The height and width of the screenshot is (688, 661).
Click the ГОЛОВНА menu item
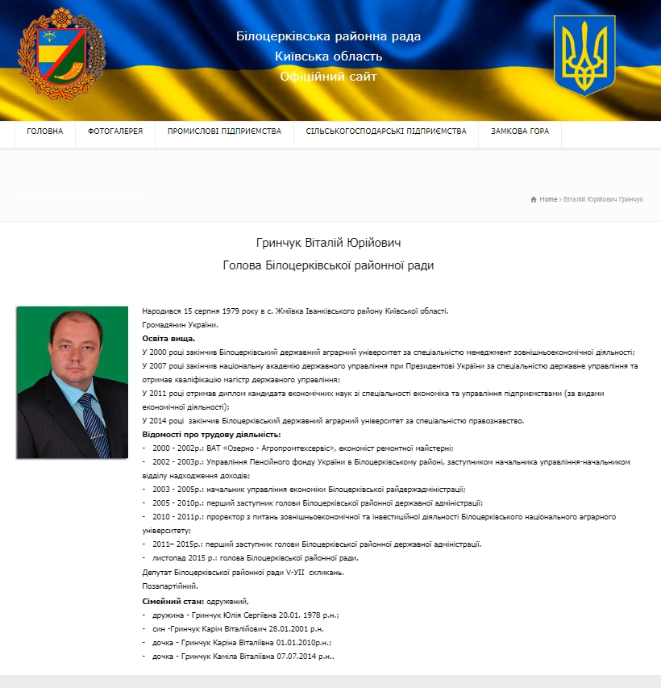[44, 131]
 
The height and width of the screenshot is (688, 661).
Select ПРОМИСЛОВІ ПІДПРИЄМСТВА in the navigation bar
[224, 131]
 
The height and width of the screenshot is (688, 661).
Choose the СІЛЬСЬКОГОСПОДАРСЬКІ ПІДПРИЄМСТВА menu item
[386, 131]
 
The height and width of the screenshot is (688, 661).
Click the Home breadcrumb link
[548, 199]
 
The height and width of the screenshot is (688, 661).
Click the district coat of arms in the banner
[61, 54]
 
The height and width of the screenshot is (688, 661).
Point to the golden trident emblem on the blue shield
[584, 55]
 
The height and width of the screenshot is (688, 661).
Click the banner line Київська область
[328, 56]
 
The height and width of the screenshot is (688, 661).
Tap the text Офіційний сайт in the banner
[328, 77]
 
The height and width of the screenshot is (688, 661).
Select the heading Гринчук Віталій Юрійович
[328, 243]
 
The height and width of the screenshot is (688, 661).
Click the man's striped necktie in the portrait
[94, 423]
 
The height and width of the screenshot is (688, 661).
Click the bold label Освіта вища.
[168, 339]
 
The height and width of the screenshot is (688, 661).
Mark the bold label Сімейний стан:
[173, 602]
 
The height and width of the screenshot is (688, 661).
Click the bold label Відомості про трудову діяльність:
[211, 435]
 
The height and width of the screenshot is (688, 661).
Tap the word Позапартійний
[170, 586]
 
